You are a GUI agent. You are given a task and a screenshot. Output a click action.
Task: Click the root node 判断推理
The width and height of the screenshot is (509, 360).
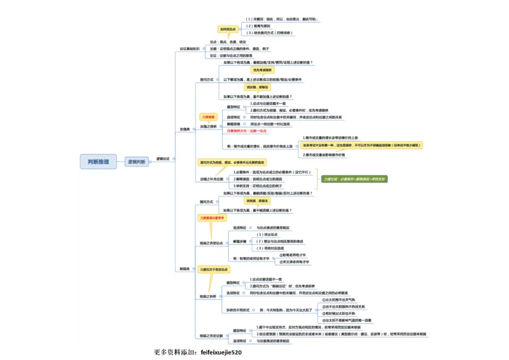tap(98, 162)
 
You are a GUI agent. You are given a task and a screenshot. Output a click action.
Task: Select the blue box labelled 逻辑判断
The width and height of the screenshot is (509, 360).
tap(136, 162)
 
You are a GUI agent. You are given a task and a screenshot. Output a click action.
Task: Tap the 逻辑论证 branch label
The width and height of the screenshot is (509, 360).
tap(162, 158)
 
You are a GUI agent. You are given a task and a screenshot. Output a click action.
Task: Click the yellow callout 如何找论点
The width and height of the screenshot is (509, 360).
tap(228, 29)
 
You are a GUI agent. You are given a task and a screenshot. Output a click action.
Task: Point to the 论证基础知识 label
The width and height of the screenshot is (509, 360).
tap(189, 48)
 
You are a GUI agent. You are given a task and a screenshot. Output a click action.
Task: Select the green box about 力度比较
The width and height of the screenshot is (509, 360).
tap(353, 179)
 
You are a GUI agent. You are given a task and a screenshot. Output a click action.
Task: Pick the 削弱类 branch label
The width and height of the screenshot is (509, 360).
tap(185, 269)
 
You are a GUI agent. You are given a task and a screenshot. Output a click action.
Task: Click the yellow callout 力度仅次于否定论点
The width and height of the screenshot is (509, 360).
tap(212, 270)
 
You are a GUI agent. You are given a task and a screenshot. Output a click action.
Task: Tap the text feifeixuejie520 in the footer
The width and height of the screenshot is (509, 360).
tap(221, 352)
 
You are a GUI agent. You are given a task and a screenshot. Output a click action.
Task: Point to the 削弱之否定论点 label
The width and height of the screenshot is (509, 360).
tap(211, 242)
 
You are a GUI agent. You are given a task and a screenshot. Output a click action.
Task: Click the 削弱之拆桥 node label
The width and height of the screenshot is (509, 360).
tap(208, 296)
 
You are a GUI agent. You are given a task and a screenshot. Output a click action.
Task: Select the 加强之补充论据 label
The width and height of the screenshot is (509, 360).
tap(211, 179)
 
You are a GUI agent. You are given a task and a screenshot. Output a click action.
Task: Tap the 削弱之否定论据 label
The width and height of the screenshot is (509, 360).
tap(211, 335)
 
